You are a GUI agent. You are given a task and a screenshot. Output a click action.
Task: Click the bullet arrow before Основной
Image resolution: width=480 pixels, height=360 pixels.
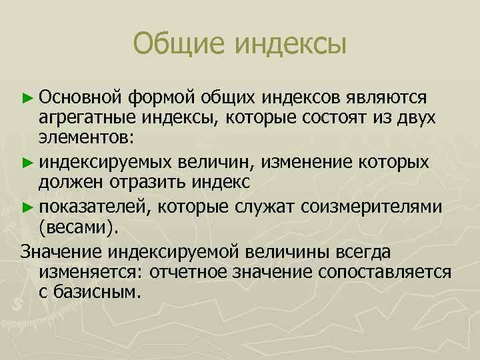[x=27, y=99]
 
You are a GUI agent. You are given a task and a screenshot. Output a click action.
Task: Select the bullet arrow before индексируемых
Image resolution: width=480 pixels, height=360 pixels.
[x=27, y=163]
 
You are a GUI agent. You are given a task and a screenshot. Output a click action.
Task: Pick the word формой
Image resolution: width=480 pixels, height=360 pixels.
[x=163, y=99]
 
